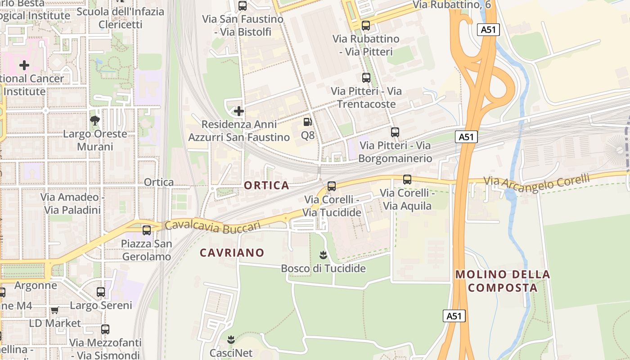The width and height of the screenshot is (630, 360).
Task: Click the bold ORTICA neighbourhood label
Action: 266,185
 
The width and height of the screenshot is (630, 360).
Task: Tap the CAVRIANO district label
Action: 232,253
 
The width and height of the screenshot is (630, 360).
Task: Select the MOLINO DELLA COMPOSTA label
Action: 503,281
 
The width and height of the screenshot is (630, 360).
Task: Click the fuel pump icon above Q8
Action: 308,122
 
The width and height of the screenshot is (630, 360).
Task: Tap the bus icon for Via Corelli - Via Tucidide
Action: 332,186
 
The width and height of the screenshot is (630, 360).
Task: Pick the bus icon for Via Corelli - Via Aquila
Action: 407,180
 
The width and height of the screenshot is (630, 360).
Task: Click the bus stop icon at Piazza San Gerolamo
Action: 147,230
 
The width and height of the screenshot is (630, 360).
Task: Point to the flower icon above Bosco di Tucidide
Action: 323,256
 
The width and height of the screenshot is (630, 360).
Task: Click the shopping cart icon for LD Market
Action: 55,310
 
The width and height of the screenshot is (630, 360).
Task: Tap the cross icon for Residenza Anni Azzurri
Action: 239,111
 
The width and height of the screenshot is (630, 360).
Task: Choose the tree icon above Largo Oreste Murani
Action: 95,121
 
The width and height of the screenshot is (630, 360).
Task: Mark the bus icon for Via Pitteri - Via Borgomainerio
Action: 395,132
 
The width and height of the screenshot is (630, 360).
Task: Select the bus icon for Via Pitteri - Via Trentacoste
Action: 366,78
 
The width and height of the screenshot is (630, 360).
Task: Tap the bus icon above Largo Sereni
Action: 101,292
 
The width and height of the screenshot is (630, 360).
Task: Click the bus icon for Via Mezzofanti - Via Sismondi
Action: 105,329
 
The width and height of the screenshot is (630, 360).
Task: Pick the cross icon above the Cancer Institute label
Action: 24,65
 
